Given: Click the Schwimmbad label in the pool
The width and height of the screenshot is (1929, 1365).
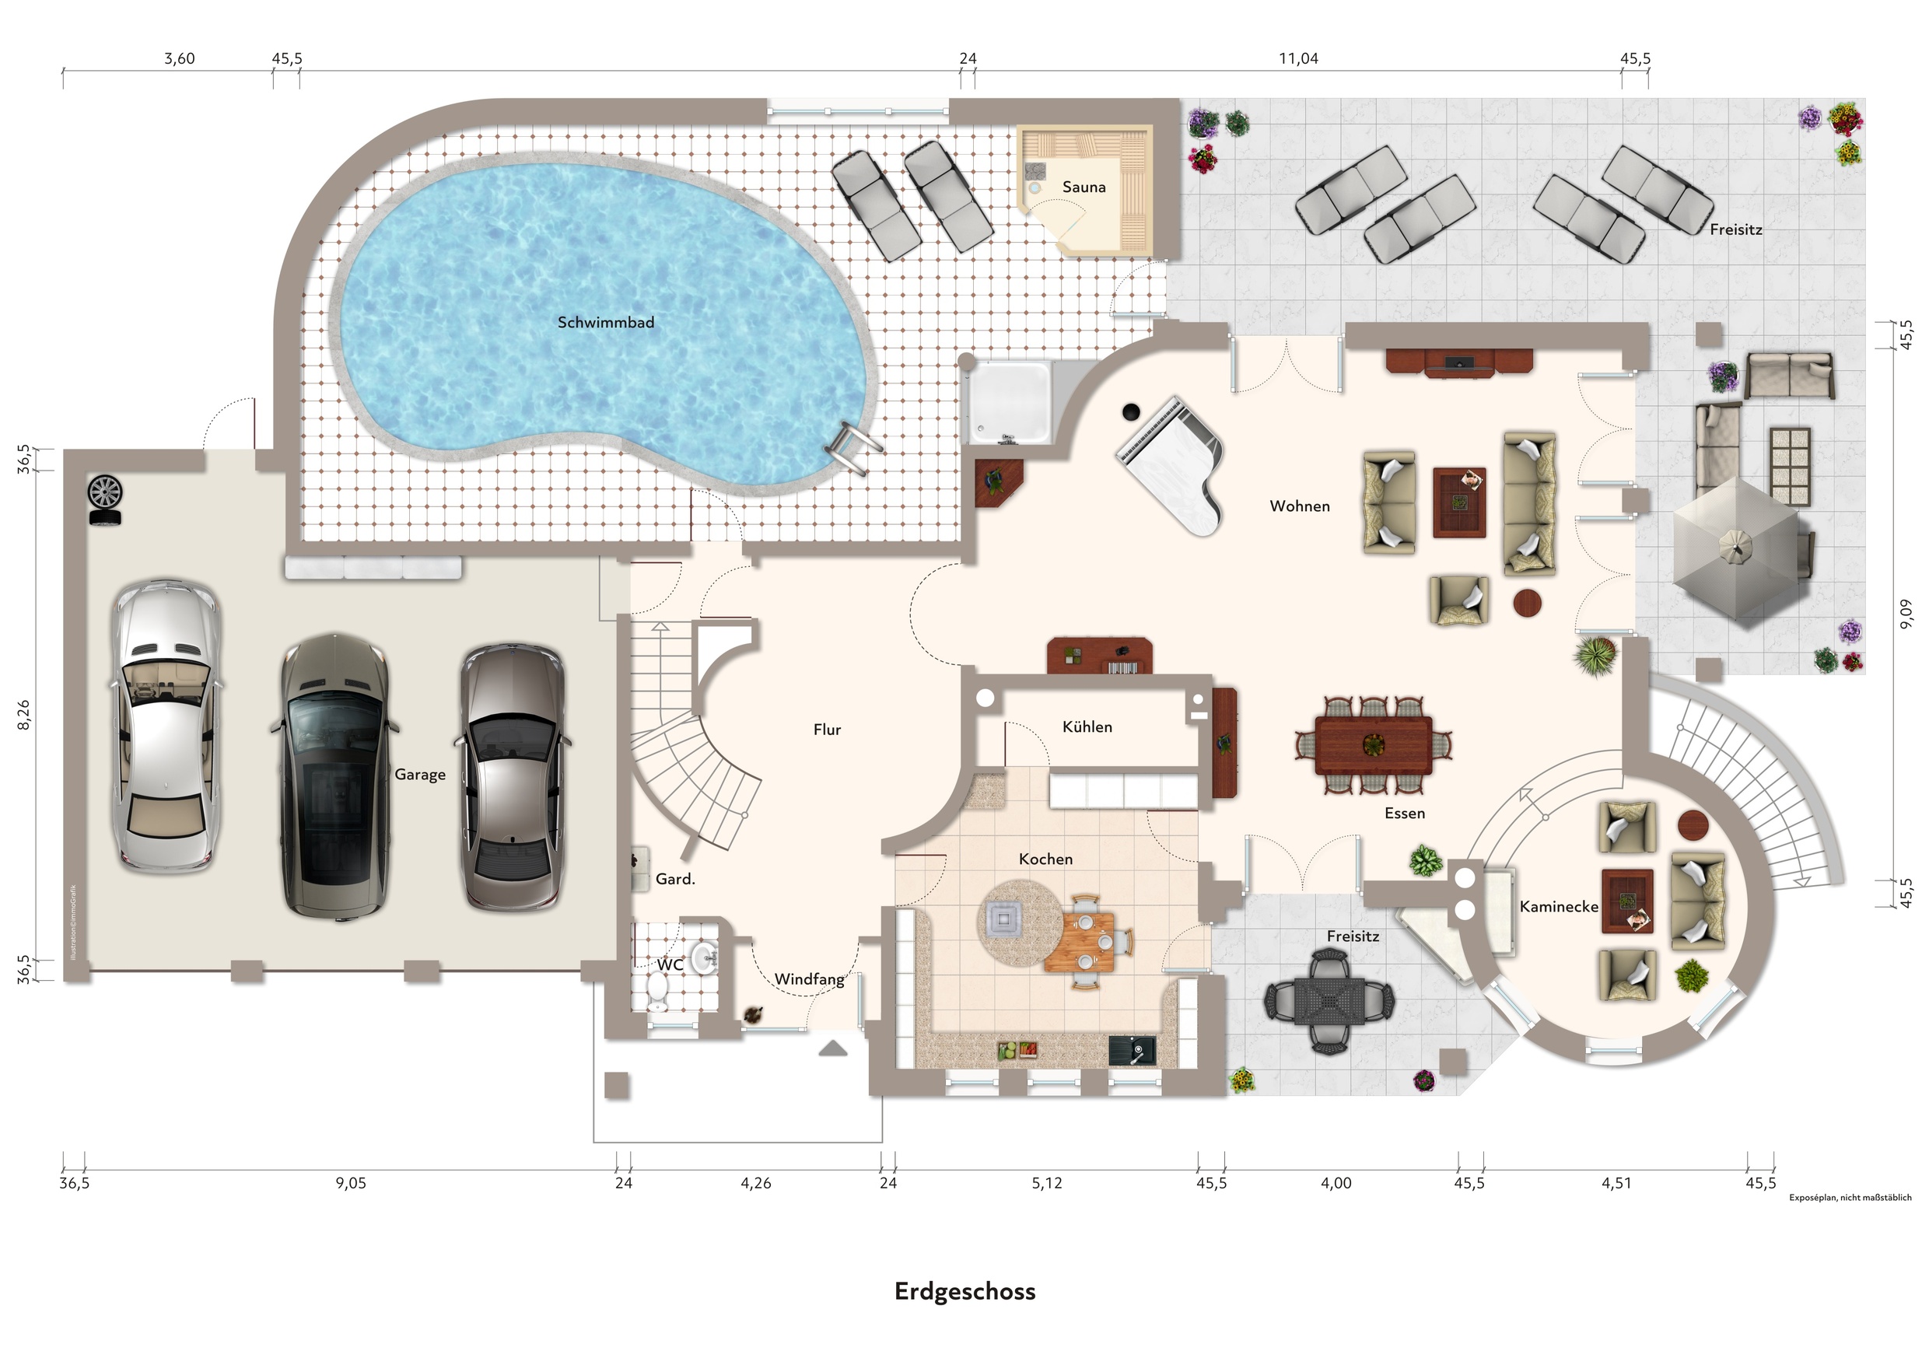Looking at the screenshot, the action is point(605,322).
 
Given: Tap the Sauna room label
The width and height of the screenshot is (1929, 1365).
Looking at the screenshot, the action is point(1084,187).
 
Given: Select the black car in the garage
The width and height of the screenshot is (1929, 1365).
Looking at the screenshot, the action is point(335,778).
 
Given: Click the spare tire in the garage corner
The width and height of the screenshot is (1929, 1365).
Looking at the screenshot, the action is point(105,499).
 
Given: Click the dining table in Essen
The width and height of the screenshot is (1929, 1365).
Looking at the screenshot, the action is point(1374,744).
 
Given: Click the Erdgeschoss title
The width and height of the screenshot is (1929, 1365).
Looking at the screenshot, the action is point(965,1292).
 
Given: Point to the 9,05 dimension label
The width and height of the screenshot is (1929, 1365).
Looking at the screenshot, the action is point(351,1184).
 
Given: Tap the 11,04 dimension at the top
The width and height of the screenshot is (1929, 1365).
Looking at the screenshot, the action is point(1299,59).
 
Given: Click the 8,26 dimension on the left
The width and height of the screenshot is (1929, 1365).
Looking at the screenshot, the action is point(23,715).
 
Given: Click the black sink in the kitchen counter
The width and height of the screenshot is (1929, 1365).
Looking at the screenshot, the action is point(1133,1052).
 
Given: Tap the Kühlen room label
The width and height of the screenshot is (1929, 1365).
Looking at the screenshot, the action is point(1087,727).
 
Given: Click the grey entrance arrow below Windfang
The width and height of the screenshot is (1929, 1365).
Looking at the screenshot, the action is point(832,1048).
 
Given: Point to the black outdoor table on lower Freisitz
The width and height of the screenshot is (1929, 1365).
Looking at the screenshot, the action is point(1330,1001).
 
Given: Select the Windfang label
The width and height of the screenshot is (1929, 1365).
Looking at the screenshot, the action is point(809,980).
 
